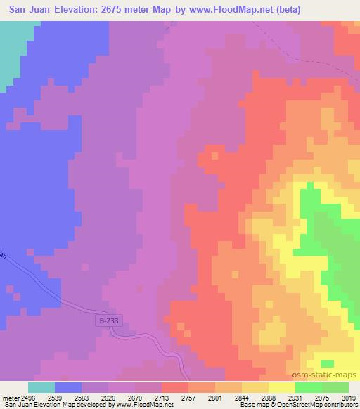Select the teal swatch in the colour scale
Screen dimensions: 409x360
tap(41, 387)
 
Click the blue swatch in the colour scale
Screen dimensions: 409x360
tap(68, 387)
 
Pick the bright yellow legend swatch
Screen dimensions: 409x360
tap(282, 387)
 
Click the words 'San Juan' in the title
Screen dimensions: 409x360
tap(32, 10)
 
